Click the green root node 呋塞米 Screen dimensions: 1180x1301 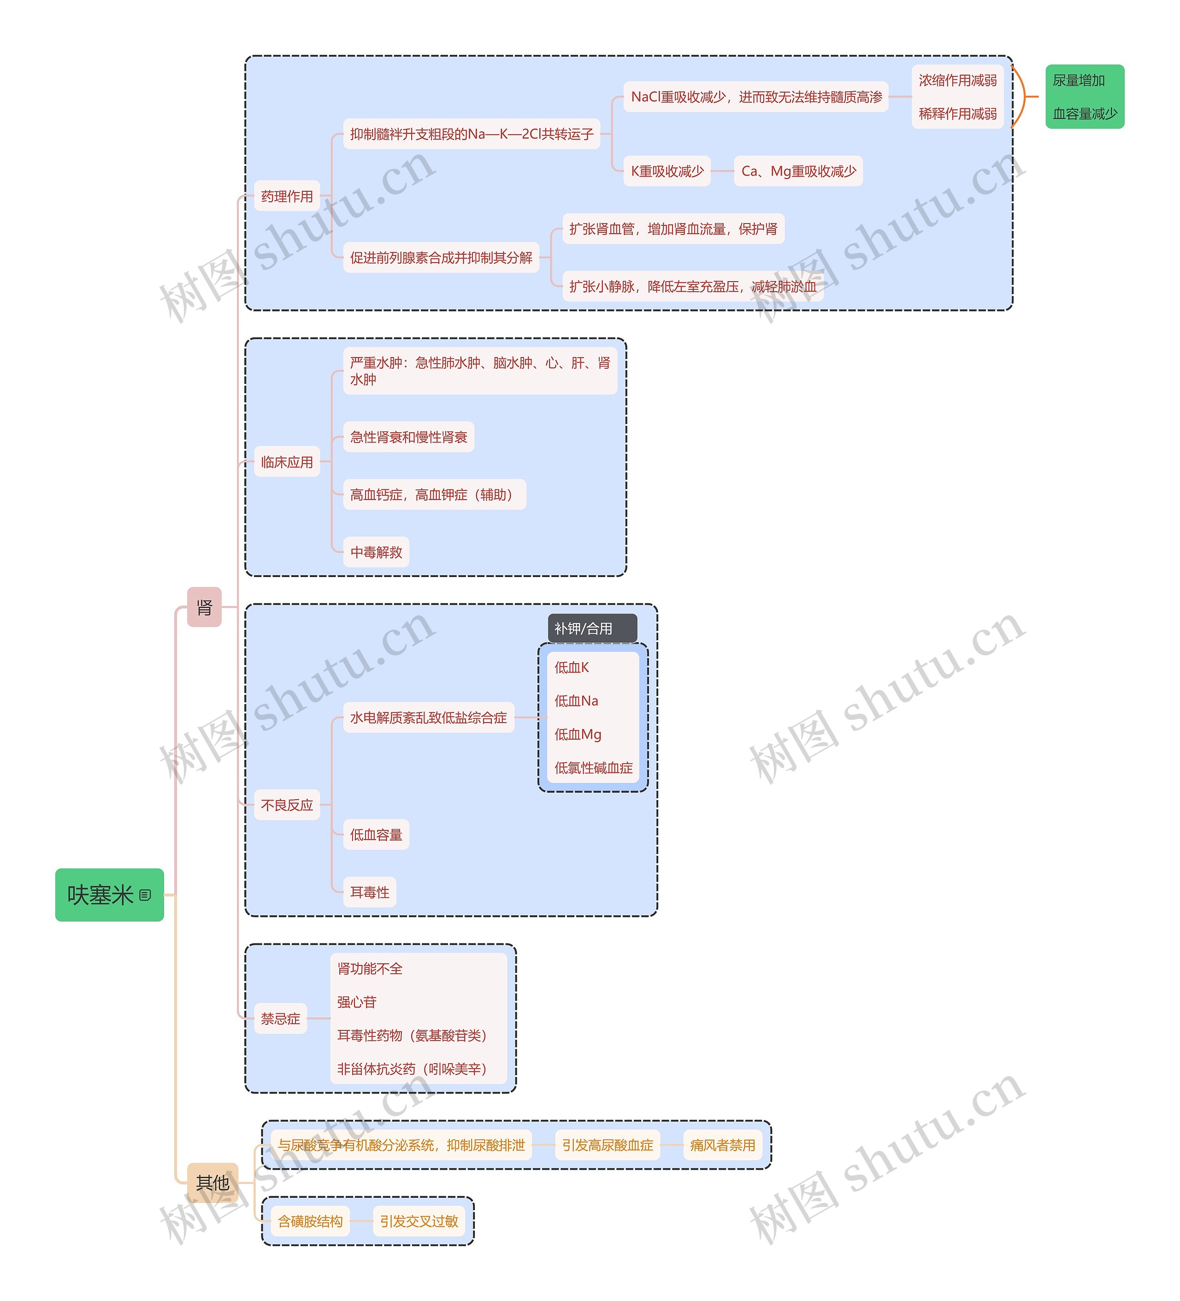tap(109, 895)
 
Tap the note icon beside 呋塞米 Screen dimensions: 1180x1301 tap(145, 895)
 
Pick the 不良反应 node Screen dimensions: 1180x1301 tap(287, 805)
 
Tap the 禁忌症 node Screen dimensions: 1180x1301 tap(280, 1018)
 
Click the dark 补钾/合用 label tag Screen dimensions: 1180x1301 tap(592, 628)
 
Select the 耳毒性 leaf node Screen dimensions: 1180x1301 tap(369, 892)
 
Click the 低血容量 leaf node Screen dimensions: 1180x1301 tap(376, 835)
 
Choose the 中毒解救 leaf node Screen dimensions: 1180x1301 tap(376, 552)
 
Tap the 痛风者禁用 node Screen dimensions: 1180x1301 tap(722, 1145)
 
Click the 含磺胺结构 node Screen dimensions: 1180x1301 tap(310, 1221)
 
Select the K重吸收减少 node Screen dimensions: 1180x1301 tap(667, 171)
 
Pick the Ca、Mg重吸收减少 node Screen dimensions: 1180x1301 tap(798, 171)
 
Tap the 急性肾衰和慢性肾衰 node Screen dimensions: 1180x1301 tap(408, 437)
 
